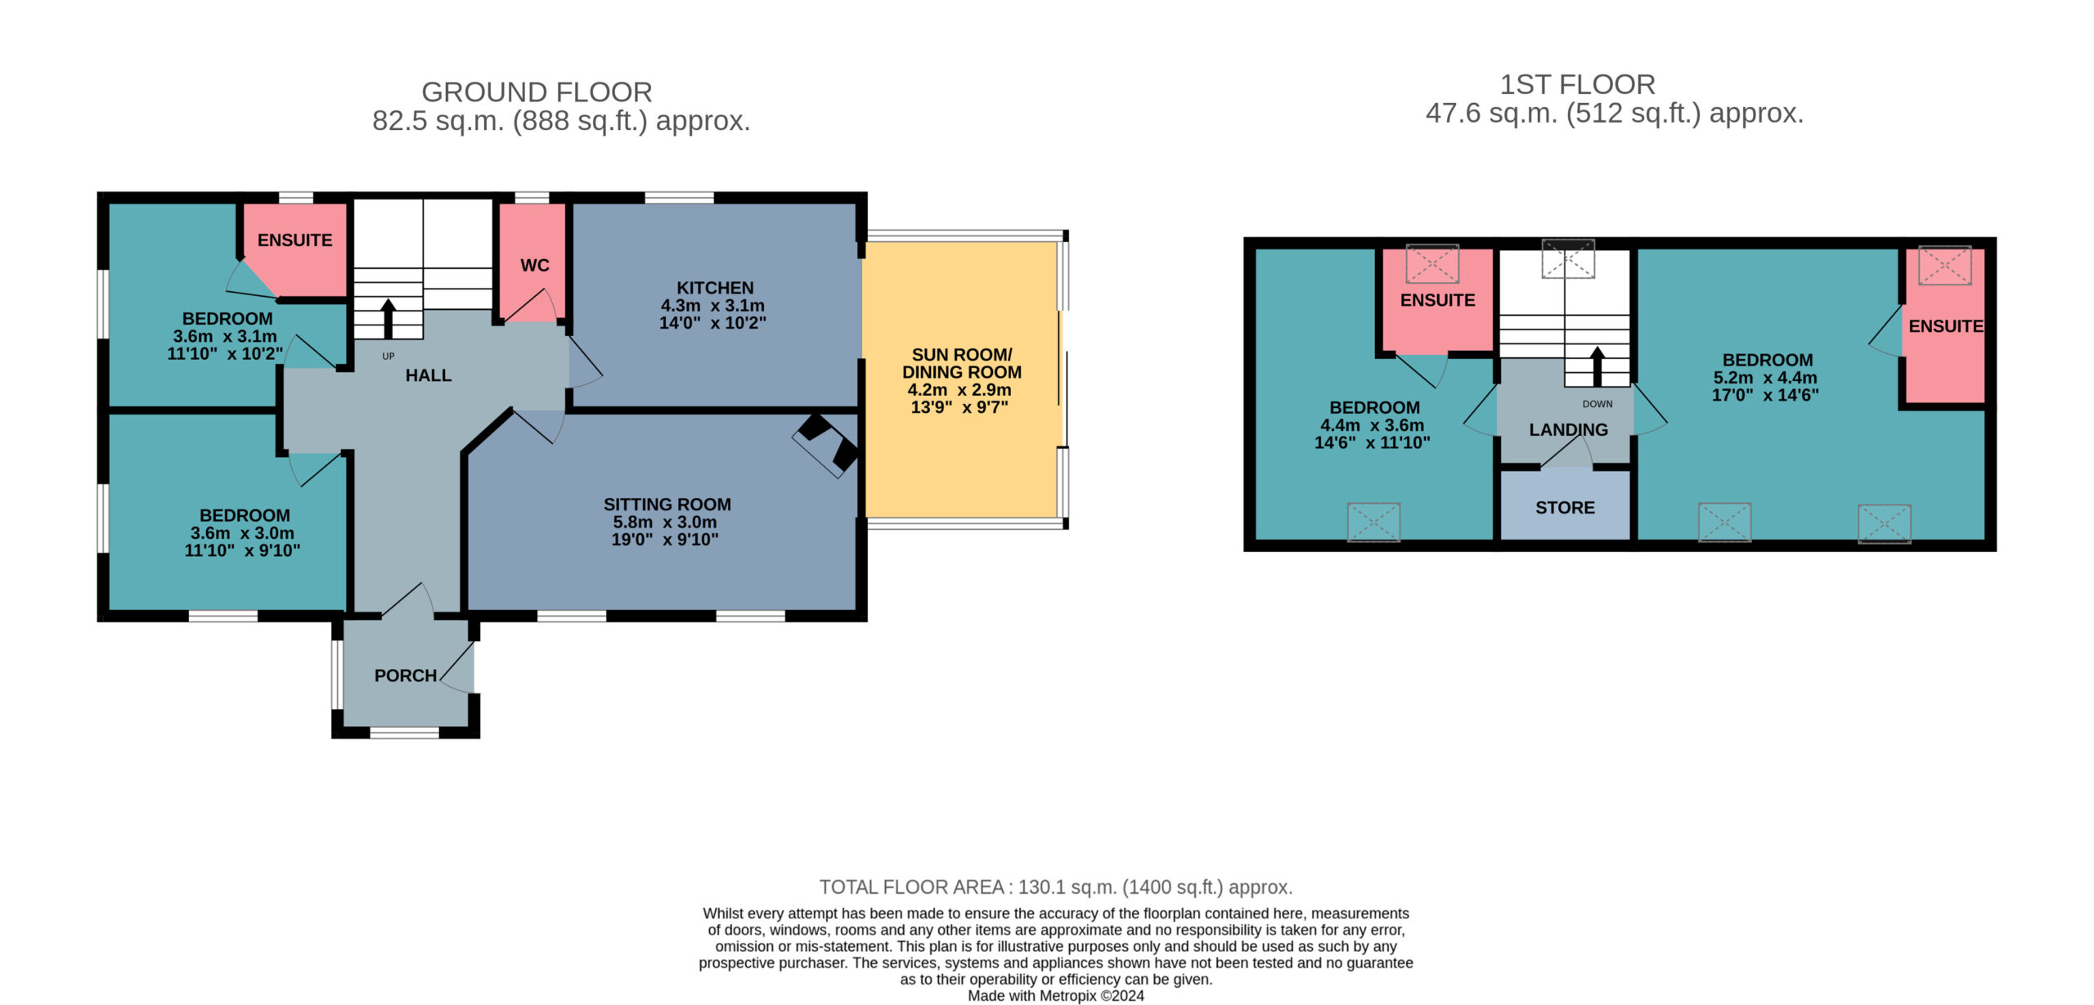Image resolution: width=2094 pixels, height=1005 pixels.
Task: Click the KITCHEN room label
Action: (715, 288)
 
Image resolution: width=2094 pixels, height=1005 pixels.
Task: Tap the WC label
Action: (535, 265)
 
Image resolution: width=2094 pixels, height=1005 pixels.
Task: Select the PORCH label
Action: (406, 675)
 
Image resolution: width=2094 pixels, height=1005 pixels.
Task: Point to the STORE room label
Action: (1565, 508)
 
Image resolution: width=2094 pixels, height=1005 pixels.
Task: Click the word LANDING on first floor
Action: (1568, 429)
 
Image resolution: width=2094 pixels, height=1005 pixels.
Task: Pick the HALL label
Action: (429, 375)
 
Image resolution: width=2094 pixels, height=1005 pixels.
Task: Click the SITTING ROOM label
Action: (667, 505)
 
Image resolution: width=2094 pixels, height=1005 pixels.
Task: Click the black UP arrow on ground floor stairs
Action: (389, 319)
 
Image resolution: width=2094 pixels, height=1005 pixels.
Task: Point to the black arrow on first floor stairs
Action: (1597, 366)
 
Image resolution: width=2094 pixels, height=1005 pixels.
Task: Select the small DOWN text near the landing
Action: (1597, 404)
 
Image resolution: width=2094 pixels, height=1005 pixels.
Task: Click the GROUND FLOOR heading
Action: (537, 92)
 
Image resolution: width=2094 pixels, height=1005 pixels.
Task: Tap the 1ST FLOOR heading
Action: (1578, 84)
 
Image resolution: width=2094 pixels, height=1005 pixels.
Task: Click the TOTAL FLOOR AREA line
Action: (1056, 887)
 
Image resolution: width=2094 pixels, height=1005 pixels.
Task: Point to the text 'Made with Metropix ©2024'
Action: (1056, 996)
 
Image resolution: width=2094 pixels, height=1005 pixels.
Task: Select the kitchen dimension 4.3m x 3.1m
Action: (712, 305)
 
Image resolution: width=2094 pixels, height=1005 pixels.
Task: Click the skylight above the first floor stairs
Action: (1568, 258)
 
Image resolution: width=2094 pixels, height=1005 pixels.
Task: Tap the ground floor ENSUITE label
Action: (294, 240)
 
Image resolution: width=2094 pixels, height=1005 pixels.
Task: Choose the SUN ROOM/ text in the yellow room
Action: (962, 355)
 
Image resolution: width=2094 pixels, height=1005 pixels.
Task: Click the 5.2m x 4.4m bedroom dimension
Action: (1765, 378)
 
